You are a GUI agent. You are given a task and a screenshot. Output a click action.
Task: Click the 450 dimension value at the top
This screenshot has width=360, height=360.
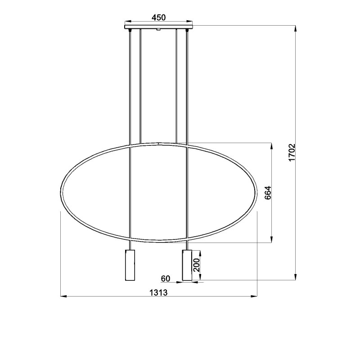tap(158, 18)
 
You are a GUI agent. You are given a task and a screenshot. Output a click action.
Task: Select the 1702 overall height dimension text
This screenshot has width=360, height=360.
tap(292, 153)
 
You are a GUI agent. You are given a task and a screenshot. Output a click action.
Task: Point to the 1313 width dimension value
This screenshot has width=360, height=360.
tap(158, 292)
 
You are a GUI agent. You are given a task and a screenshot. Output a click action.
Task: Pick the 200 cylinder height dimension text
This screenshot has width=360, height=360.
tap(196, 265)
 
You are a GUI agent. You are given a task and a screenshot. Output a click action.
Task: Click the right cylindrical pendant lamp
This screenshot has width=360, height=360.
tap(187, 265)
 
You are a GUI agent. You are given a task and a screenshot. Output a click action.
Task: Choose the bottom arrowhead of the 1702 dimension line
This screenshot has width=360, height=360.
tap(296, 277)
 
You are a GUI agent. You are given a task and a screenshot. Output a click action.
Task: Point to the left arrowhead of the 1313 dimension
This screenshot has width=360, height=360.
tap(63, 296)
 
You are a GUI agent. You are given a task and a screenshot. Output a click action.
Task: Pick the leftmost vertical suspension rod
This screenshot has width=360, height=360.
tap(130, 90)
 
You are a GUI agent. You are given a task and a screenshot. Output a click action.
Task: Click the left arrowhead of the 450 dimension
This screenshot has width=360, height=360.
tap(127, 21)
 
